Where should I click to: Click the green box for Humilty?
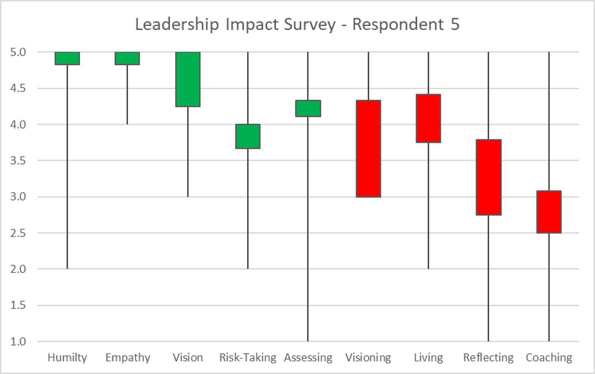[x=67, y=58]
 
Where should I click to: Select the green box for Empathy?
[x=127, y=58]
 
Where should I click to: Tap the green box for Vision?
[x=188, y=79]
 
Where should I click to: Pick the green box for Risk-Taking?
[x=248, y=136]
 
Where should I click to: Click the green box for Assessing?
[x=308, y=109]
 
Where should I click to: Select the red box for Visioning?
[x=368, y=149]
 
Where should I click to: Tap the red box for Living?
[x=429, y=118]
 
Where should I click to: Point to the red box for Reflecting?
[x=489, y=177]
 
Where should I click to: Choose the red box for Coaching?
[x=549, y=212]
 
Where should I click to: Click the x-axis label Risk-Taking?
[x=248, y=358]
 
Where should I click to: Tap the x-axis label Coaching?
[x=549, y=358]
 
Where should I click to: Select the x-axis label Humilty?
[x=67, y=358]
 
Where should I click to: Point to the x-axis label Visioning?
[x=368, y=358]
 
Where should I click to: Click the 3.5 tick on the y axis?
[x=18, y=161]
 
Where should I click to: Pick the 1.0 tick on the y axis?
[x=18, y=341]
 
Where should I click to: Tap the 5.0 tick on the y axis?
[x=18, y=52]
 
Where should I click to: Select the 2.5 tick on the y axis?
[x=18, y=233]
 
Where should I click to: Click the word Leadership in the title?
[x=177, y=25]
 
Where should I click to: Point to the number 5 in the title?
[x=455, y=24]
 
